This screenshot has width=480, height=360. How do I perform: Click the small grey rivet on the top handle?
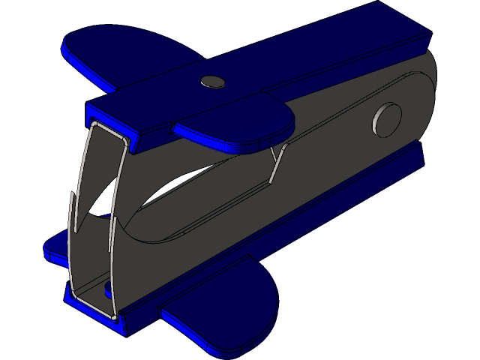213,81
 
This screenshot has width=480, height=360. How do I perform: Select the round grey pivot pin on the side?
387,119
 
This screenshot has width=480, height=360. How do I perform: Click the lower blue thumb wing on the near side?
225,304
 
